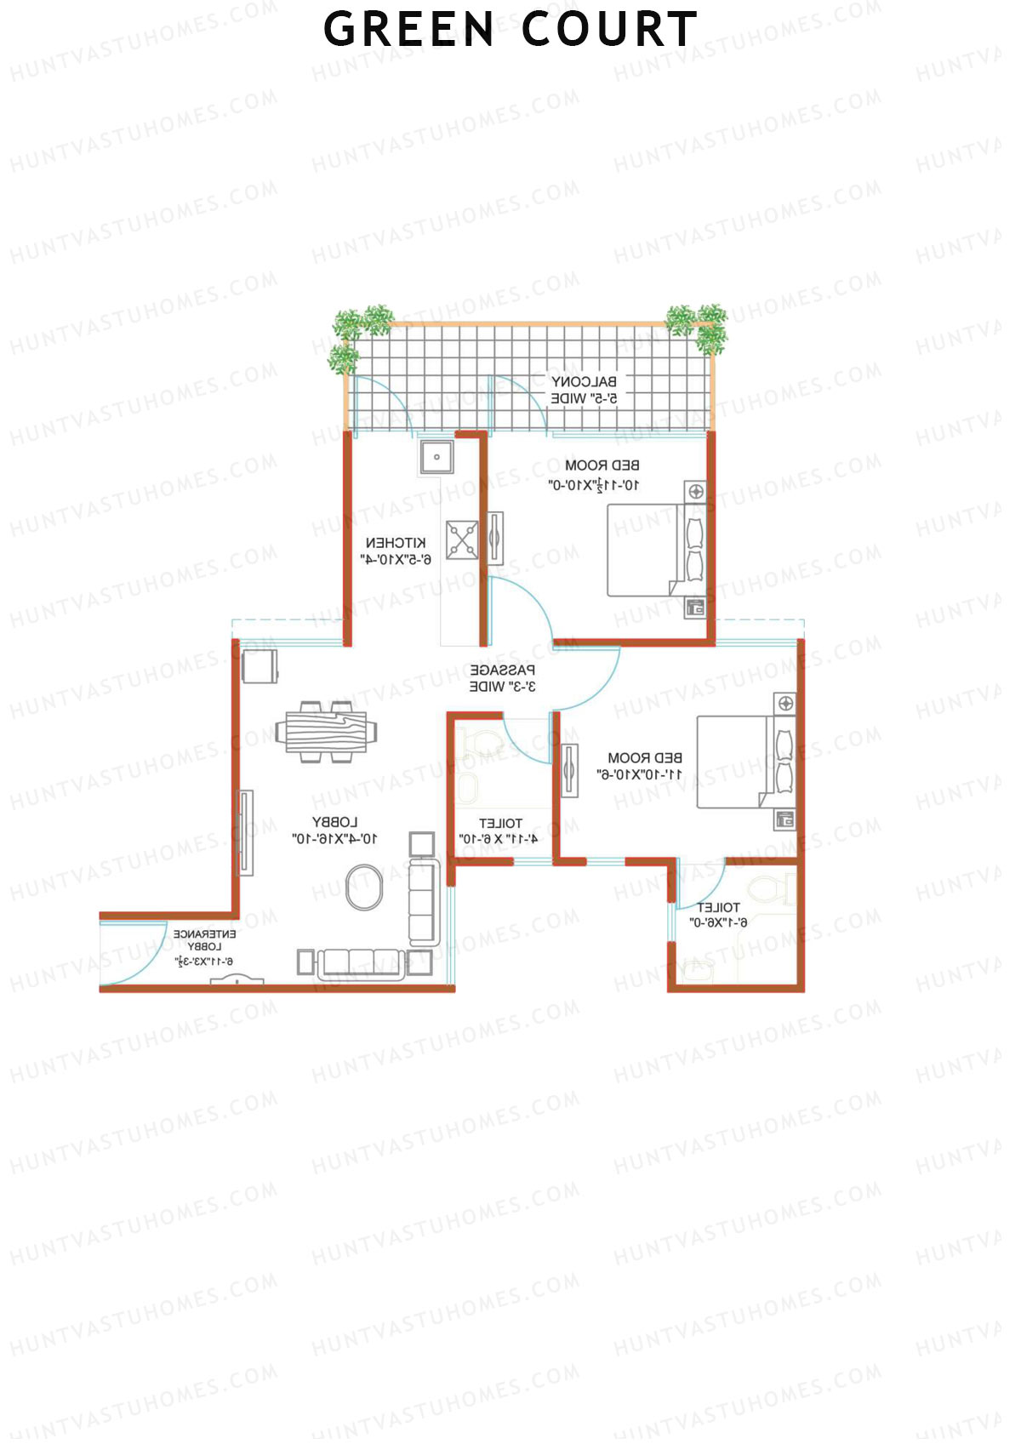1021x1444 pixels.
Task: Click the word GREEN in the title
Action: pyautogui.click(x=408, y=30)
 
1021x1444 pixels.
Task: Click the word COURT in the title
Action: pyautogui.click(x=609, y=30)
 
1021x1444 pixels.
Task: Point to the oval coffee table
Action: pyautogui.click(x=364, y=887)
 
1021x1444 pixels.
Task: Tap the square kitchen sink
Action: pyautogui.click(x=436, y=457)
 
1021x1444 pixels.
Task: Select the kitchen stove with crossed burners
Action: pyautogui.click(x=462, y=539)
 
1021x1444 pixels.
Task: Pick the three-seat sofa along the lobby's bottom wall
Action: pyautogui.click(x=362, y=963)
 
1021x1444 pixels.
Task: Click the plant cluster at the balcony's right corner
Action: pyautogui.click(x=699, y=327)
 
